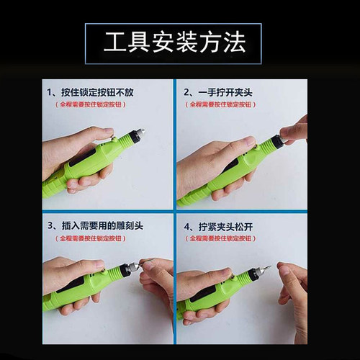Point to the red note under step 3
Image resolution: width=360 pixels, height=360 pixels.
coord(96,237)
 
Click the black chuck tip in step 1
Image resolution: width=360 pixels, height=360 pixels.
coord(133,135)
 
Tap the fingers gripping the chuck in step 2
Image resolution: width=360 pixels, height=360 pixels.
coord(294,131)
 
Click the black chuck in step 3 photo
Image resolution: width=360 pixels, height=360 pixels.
coord(129,270)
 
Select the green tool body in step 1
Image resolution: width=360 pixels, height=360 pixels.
coord(94,162)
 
